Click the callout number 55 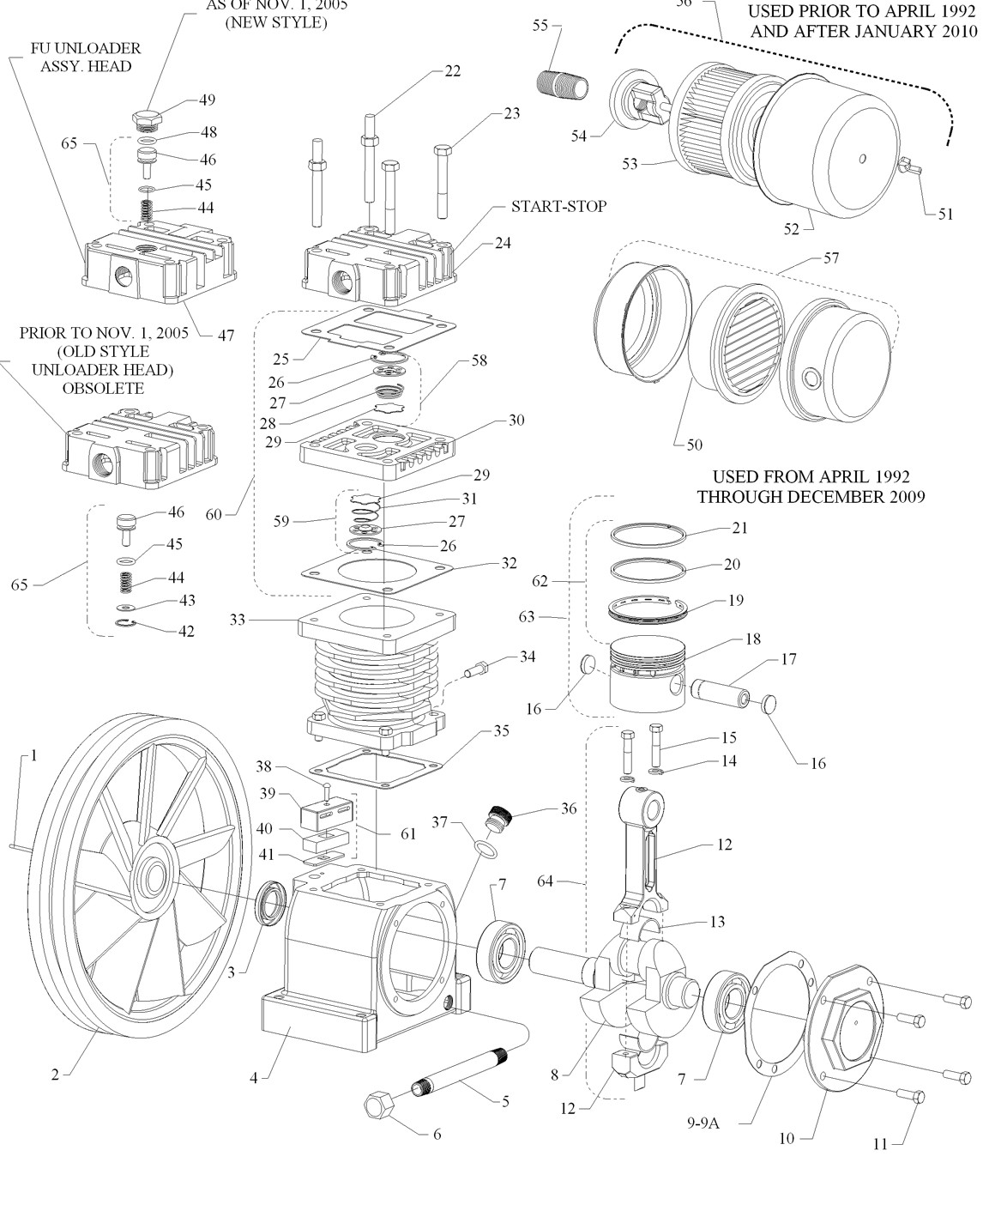[540, 26]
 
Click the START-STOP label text [558, 207]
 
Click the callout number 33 [238, 618]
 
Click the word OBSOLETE [103, 389]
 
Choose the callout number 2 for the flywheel [56, 1075]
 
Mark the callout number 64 [546, 881]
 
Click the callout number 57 [830, 257]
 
